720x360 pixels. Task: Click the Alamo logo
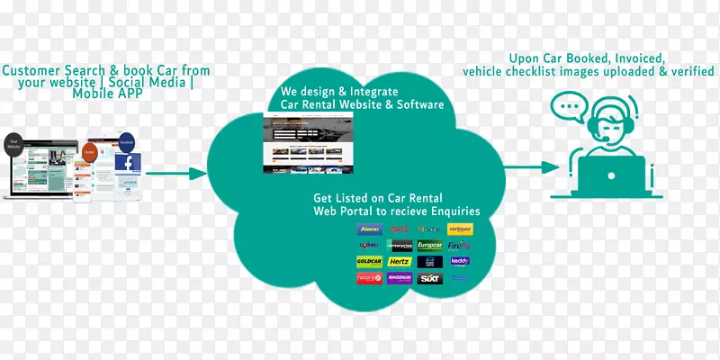[x=370, y=229]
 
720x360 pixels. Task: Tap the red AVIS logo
[x=399, y=229]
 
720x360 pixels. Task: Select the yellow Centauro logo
[x=459, y=229]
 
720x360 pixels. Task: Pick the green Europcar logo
[x=429, y=246]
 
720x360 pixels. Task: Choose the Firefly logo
[x=459, y=246]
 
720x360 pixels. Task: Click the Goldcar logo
[x=370, y=262]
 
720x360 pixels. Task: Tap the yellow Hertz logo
[x=399, y=262]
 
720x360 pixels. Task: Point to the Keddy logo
[x=459, y=262]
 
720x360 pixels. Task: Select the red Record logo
[x=370, y=278]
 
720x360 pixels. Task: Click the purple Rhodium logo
[x=399, y=278]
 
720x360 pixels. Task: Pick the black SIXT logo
[x=429, y=278]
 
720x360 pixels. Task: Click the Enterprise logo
[x=399, y=246]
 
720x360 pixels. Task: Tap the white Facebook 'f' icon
[x=128, y=164]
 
